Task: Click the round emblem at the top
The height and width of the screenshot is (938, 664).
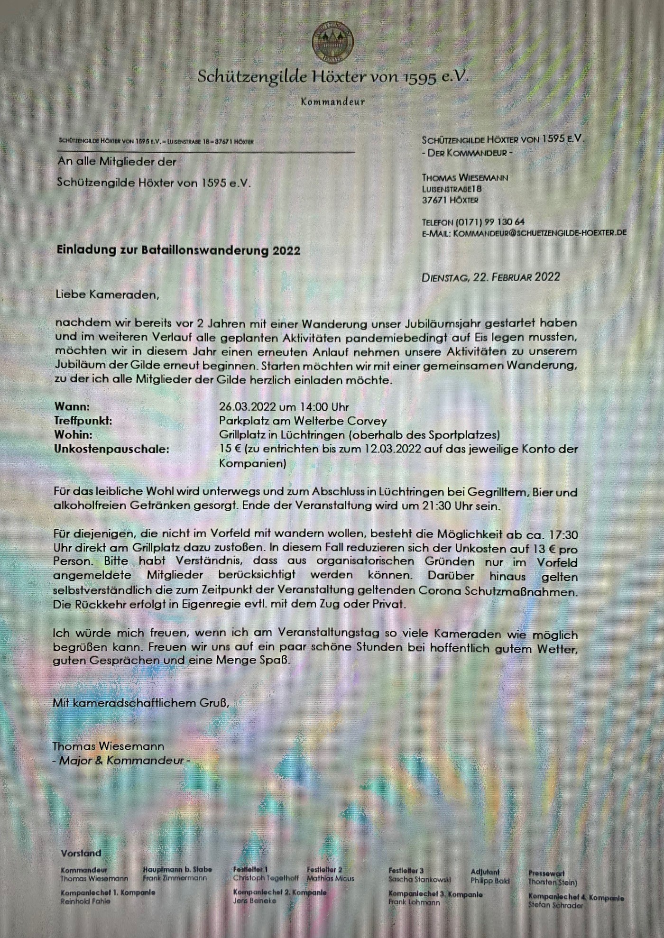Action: coord(332,43)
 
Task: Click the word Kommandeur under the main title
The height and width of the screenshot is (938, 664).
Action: coord(332,101)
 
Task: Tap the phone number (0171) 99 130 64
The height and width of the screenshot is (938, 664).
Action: coord(490,222)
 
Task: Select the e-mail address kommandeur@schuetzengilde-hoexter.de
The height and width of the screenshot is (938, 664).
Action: coord(540,233)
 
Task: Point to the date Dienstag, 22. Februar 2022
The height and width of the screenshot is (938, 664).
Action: coord(490,277)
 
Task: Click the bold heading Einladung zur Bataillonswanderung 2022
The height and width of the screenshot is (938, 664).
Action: coord(178,250)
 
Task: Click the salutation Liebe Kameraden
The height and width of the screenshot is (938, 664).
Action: coord(107,294)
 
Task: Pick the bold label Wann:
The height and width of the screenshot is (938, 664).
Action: coord(72,406)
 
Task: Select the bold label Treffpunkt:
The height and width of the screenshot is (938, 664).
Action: coord(83,421)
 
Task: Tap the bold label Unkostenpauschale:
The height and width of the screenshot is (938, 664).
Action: coord(111,449)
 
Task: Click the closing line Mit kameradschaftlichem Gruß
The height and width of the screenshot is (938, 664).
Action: coord(141,703)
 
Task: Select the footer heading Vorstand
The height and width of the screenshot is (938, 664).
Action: coord(81,853)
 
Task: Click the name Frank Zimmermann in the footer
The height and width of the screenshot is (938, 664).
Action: coord(175,878)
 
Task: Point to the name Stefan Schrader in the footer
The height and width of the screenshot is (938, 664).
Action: coord(555,905)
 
